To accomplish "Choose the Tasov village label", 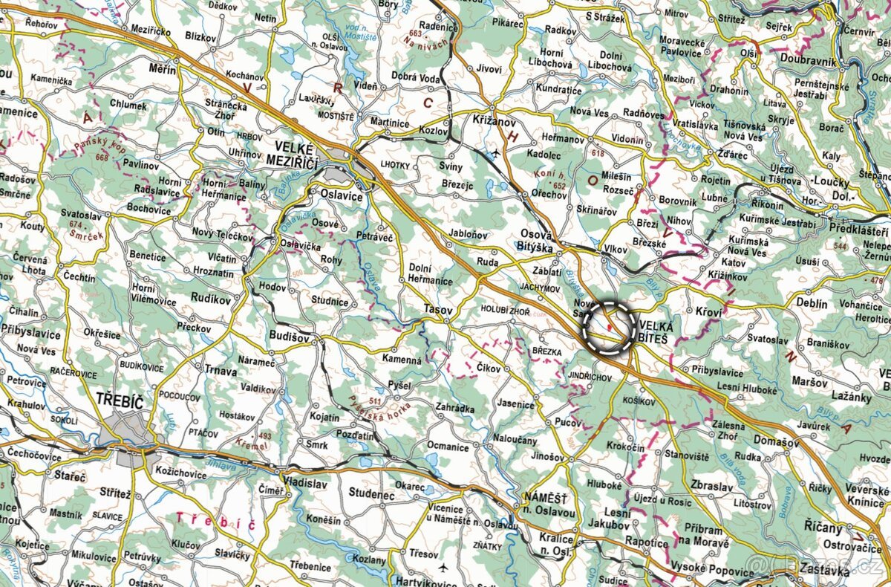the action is click(x=437, y=308).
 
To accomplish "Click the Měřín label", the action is click(x=162, y=69).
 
